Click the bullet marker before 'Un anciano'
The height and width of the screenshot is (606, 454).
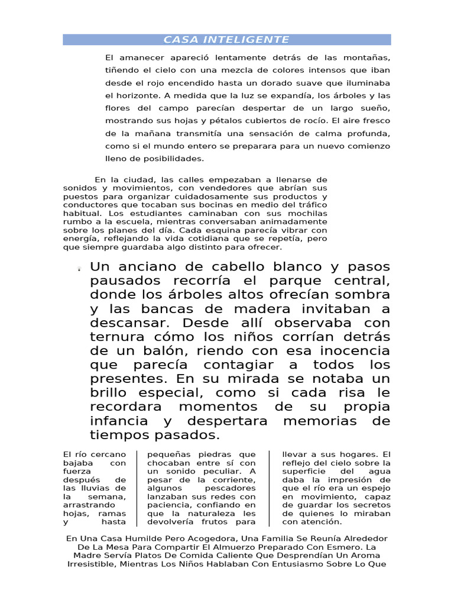[79, 269]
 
